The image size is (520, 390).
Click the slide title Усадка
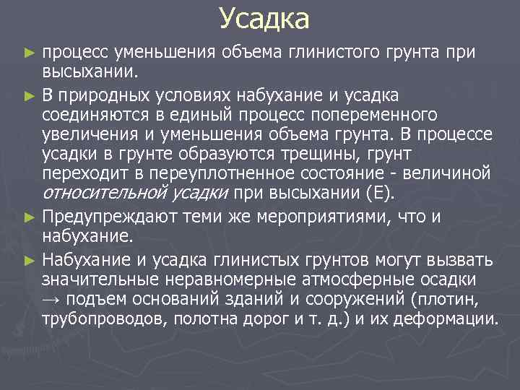point(264,19)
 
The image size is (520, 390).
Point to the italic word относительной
point(105,194)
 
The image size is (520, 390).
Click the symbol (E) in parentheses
point(381,194)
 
